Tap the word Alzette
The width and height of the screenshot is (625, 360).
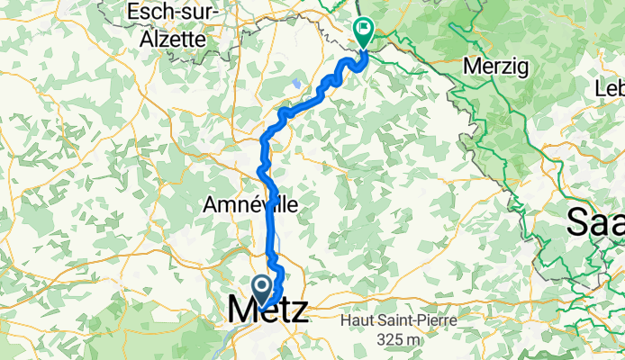point(174,39)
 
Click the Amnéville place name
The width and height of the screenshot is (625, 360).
point(250,205)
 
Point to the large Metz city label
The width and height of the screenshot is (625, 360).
point(267,310)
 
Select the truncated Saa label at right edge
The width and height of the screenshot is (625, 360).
point(595,221)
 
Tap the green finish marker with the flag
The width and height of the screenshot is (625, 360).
point(364,33)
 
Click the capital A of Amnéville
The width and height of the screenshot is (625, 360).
point(211,205)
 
